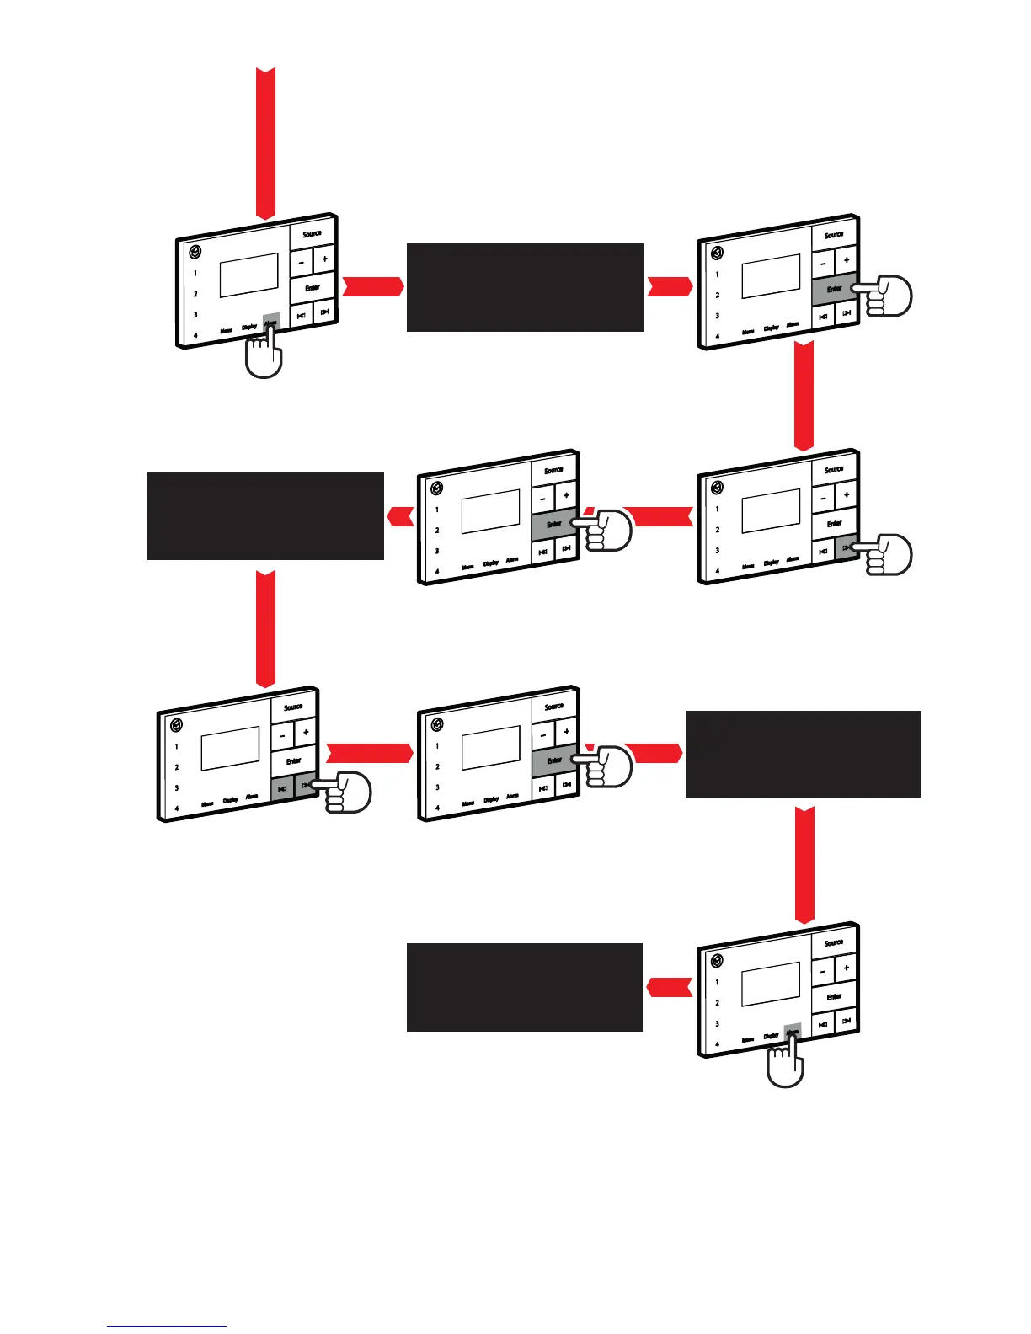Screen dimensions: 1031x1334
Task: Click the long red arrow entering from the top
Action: [265, 143]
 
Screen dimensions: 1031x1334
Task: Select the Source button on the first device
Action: [313, 233]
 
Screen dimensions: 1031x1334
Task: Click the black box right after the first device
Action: [525, 287]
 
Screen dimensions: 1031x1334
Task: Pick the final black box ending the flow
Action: [525, 987]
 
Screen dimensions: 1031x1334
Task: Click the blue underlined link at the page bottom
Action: [167, 1326]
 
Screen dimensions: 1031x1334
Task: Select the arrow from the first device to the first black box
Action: [373, 286]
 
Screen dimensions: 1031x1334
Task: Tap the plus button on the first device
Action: [325, 259]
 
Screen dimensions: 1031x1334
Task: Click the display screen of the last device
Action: [771, 984]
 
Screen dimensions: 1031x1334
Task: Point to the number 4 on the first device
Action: [195, 335]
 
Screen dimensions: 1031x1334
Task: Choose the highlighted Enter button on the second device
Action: [833, 289]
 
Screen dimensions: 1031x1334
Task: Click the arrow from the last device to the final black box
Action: [670, 985]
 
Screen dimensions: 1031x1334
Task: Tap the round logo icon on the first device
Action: [195, 252]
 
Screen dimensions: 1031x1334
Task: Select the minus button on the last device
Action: [823, 971]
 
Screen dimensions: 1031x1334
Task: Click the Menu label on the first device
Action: [227, 331]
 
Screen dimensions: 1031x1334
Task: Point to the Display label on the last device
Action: [771, 1036]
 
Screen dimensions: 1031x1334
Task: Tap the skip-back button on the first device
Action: [301, 315]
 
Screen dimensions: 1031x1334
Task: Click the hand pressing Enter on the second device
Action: [884, 296]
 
